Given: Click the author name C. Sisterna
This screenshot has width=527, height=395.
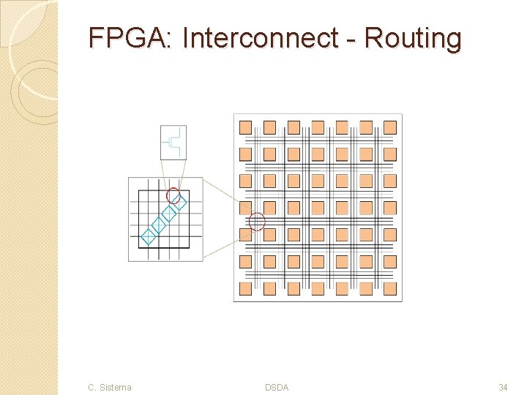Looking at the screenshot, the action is click(x=109, y=387).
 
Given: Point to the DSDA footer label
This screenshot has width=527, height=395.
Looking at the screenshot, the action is click(x=277, y=387).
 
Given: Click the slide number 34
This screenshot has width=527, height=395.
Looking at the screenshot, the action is click(x=503, y=387).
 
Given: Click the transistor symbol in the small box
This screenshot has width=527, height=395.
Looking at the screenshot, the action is click(x=174, y=142).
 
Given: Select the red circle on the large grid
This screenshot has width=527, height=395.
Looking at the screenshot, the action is click(x=257, y=221).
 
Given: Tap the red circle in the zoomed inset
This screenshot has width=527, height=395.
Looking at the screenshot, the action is click(x=173, y=195).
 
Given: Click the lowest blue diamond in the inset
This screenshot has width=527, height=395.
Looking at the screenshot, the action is click(x=148, y=236).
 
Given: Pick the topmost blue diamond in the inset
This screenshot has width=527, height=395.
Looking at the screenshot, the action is click(x=180, y=203).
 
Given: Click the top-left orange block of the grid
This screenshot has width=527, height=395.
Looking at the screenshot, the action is click(x=246, y=127).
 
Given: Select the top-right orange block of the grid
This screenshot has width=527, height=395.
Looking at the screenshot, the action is click(x=390, y=127).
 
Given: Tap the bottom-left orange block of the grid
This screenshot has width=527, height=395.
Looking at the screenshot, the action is click(x=246, y=288).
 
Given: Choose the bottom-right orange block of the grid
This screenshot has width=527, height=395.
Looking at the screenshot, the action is click(x=390, y=288).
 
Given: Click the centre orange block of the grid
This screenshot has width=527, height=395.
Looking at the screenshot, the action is click(x=318, y=208).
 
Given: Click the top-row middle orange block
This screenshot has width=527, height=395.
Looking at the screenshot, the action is click(x=318, y=127).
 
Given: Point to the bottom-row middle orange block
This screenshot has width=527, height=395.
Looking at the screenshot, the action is click(x=318, y=288).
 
